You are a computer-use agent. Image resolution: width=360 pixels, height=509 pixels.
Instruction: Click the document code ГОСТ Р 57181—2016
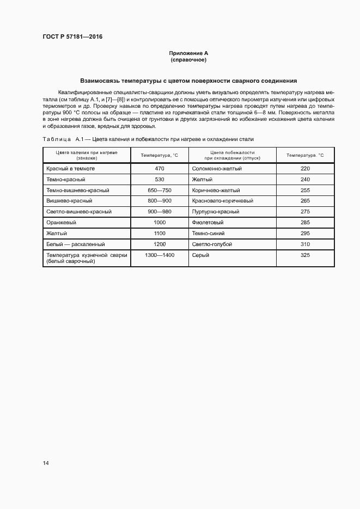(x=72, y=37)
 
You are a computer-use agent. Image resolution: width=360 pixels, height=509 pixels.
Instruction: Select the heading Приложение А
(x=188, y=53)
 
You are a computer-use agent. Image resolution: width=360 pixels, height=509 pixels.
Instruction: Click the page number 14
(x=46, y=463)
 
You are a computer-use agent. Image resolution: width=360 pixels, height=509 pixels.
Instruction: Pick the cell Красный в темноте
(x=71, y=169)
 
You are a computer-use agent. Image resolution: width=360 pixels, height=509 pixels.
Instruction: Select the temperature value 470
(x=160, y=169)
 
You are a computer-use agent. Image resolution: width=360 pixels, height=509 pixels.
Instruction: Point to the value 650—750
(x=160, y=191)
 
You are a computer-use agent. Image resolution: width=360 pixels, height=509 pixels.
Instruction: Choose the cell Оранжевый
(x=62, y=223)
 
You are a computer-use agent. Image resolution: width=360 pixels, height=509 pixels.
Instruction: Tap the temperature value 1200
(x=160, y=244)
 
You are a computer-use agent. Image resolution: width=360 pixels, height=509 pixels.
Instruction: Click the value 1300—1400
(x=160, y=255)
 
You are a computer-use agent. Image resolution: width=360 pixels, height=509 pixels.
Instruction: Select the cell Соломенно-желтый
(x=217, y=169)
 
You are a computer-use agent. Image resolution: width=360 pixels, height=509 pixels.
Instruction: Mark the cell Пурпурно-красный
(x=216, y=212)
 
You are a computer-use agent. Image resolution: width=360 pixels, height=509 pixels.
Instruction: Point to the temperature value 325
(x=305, y=255)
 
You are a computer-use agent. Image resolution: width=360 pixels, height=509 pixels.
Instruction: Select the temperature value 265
(x=305, y=201)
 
